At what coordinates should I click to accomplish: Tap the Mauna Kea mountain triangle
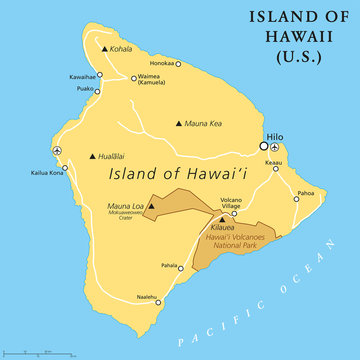click(x=179, y=124)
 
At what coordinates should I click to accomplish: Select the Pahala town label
click(x=170, y=266)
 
